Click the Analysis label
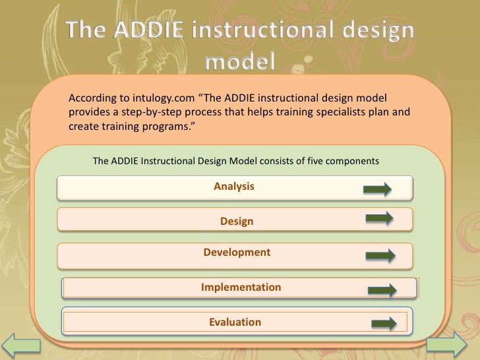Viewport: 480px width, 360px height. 234,187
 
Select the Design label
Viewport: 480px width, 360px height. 236,222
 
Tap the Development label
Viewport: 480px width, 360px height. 237,253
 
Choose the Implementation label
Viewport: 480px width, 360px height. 241,287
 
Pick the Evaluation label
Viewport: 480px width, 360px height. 235,322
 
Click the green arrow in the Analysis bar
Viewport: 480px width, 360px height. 377,191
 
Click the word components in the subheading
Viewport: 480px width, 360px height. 354,161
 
